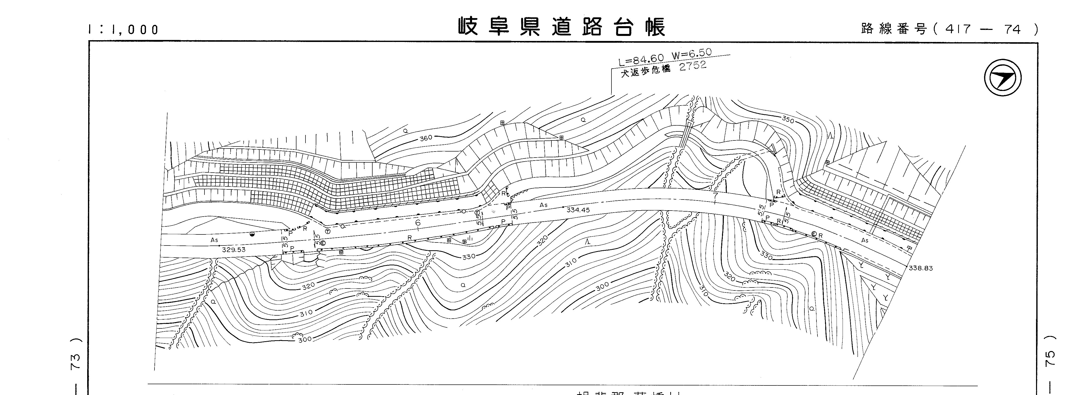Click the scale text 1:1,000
click(x=124, y=30)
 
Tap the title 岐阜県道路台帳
click(x=562, y=27)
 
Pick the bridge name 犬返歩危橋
click(x=646, y=72)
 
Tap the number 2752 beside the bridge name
click(x=693, y=66)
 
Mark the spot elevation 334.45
click(x=578, y=210)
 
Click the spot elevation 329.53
click(x=234, y=250)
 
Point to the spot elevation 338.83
click(x=921, y=268)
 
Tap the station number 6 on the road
click(x=418, y=223)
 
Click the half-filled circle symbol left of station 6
click(x=252, y=234)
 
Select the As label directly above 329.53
click(x=214, y=240)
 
